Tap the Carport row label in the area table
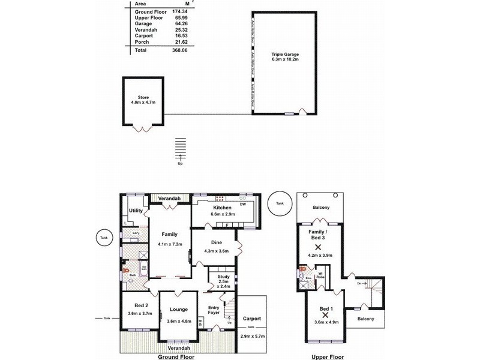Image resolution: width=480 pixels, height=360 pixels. (144, 37)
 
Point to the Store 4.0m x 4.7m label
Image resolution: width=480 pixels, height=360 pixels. (143, 100)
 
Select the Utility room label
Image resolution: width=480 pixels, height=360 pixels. (136, 211)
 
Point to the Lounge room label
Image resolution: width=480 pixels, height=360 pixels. (179, 310)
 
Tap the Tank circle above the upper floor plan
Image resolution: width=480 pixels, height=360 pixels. (280, 203)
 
